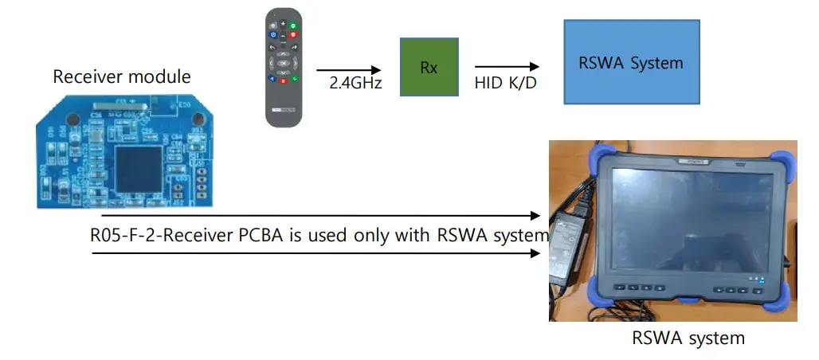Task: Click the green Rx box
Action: click(429, 68)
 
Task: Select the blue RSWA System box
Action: click(631, 62)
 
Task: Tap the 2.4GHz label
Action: click(355, 82)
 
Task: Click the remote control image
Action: click(284, 67)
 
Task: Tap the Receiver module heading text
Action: click(122, 76)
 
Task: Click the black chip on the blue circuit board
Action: click(138, 166)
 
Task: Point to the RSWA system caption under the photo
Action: click(688, 338)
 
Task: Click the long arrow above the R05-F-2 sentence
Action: click(319, 215)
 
